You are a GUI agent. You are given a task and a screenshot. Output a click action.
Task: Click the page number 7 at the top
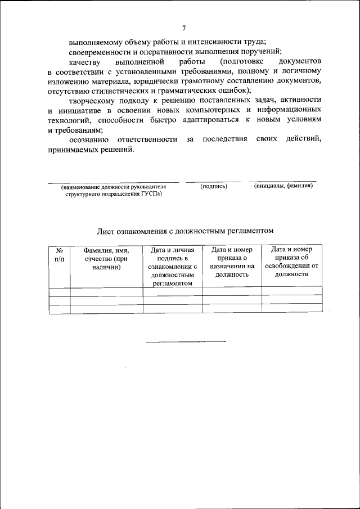pos(183,29)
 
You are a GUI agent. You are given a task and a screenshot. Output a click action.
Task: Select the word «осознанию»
pos(87,139)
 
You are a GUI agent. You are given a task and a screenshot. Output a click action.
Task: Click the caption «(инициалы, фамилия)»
pos(283,186)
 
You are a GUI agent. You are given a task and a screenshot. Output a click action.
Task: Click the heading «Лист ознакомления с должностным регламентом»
pos(185,231)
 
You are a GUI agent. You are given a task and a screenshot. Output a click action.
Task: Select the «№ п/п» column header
pos(59,255)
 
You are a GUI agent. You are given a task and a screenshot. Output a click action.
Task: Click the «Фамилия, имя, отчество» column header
pos(106,259)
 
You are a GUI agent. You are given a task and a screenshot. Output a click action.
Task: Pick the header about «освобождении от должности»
pos(292,262)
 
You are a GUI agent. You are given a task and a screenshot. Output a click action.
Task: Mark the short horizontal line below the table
pos(186,341)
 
